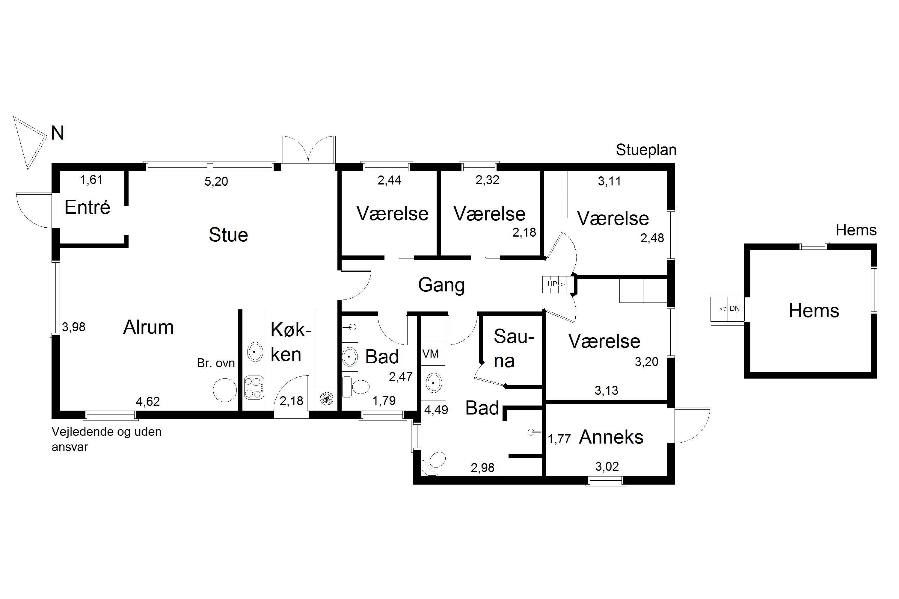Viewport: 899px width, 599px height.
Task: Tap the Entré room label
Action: (x=87, y=208)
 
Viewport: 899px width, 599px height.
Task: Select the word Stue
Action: (x=228, y=235)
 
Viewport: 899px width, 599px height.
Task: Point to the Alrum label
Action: (x=148, y=327)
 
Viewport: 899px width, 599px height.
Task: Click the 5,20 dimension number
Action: (x=216, y=181)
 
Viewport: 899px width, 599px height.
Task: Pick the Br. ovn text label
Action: (x=216, y=363)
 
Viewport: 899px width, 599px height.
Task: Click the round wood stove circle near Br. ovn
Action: (x=225, y=390)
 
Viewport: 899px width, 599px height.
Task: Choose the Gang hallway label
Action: (x=441, y=285)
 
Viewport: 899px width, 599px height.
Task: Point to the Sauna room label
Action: (x=513, y=348)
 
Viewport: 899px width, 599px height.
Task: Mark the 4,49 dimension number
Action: (x=436, y=410)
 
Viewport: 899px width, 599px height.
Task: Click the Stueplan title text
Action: (x=646, y=150)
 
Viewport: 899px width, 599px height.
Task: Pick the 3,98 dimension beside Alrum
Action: (x=74, y=327)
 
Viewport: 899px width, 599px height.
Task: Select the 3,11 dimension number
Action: (x=610, y=181)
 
